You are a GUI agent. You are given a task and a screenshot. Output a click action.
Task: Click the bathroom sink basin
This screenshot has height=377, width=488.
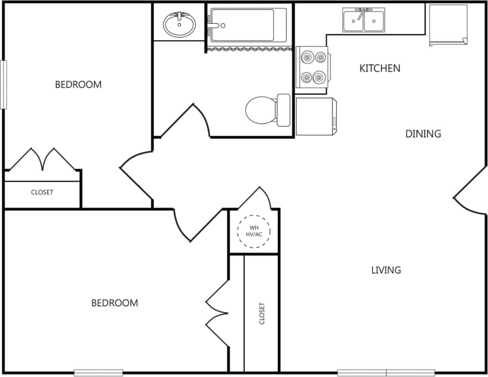(x=179, y=25)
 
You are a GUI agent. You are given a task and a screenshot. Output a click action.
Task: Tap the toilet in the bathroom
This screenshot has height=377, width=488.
(x=267, y=110)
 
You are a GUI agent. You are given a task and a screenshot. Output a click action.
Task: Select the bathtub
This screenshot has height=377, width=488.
(x=248, y=25)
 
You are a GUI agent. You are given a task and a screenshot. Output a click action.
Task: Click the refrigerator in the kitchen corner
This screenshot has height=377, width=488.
(x=448, y=25)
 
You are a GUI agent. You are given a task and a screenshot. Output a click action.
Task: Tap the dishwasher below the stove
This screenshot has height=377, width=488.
(x=316, y=117)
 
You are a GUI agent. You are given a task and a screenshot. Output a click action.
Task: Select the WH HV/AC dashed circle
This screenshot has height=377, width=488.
(x=254, y=231)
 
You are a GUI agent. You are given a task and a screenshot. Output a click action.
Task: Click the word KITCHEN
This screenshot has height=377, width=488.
(x=380, y=68)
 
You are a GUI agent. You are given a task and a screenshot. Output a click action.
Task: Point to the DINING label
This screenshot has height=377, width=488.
(x=423, y=134)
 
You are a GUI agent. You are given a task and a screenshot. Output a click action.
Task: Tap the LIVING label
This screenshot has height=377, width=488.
(x=386, y=270)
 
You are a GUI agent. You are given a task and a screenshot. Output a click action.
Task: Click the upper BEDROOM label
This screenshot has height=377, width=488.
(x=78, y=85)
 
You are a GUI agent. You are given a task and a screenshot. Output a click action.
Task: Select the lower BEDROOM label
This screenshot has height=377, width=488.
(x=115, y=303)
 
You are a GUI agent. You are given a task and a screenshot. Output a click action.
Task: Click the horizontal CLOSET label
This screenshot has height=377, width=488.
(x=42, y=193)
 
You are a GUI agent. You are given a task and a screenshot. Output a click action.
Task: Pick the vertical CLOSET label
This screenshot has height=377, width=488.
(x=262, y=313)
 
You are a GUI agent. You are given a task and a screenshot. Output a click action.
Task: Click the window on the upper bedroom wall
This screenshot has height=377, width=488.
(x=3, y=85)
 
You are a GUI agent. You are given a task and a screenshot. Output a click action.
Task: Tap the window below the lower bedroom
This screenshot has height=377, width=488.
(x=92, y=373)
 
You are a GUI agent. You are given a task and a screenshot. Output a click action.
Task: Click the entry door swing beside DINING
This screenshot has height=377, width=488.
(x=469, y=193)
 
